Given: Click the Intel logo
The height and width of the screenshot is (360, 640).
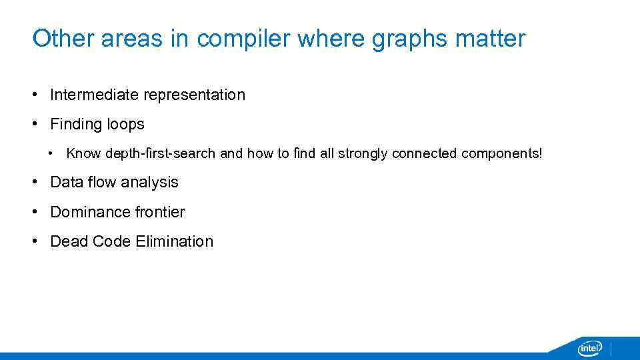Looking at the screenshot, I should (x=590, y=348).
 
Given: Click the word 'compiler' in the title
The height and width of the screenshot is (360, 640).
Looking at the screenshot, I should (x=244, y=39).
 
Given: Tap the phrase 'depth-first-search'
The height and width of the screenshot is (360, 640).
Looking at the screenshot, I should (x=161, y=153).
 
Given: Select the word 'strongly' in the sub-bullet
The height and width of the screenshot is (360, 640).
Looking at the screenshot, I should (x=363, y=153).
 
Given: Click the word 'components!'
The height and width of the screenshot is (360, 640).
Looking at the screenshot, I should (x=501, y=153).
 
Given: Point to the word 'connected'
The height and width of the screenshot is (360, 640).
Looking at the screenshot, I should (x=424, y=153).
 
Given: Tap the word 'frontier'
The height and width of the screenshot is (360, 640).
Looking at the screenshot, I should (x=160, y=212).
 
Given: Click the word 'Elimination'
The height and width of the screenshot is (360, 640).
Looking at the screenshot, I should (x=174, y=241).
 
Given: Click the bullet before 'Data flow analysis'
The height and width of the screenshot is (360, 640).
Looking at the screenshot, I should (x=35, y=183).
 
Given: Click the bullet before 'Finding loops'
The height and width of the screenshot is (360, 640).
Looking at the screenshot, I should (x=35, y=125).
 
